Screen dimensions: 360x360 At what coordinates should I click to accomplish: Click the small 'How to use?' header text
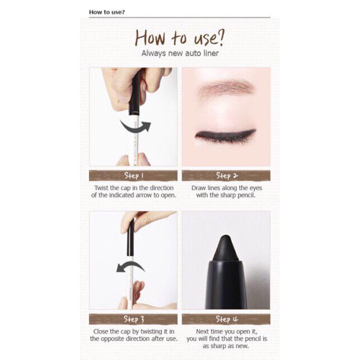pos(107,12)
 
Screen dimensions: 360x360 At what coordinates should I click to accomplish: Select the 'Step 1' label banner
pos(133,175)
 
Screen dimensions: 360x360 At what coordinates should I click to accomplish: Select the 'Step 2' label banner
pos(227,175)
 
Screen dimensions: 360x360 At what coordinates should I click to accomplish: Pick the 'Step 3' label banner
pos(133,319)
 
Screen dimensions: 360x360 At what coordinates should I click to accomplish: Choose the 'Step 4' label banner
pos(227,319)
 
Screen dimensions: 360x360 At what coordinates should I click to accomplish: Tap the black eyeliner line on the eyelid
pos(225,136)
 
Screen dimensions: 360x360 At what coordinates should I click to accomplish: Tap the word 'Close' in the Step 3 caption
pos(103,331)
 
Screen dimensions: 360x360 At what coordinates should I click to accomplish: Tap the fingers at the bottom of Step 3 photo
pos(135,298)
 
